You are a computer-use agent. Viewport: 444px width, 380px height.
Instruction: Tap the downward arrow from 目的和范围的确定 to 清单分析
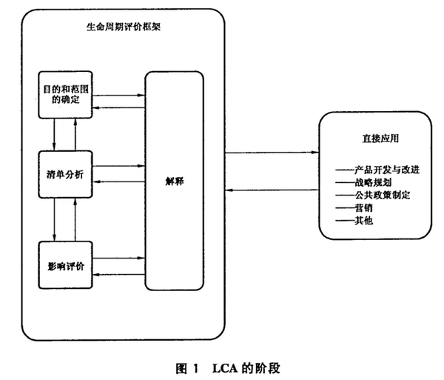click(55, 135)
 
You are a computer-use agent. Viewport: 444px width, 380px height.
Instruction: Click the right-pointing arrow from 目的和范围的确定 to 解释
click(119, 96)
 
